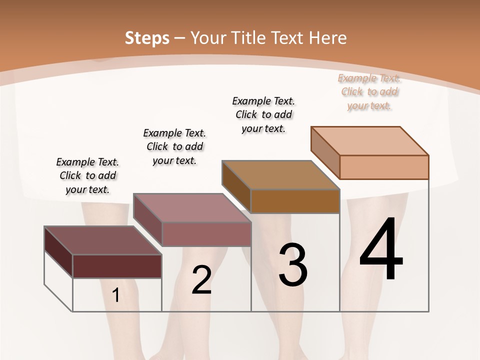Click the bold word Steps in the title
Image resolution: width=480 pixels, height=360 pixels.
pos(147,38)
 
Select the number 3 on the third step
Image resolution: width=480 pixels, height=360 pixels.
pos(292,265)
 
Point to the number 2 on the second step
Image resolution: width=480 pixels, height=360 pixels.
pos(201,280)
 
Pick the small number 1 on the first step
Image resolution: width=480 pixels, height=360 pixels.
pos(115,295)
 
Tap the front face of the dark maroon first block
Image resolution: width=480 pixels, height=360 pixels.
pos(117,266)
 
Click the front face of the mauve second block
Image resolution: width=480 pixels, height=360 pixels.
pos(206,234)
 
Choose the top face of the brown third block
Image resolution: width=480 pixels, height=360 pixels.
pos(280,175)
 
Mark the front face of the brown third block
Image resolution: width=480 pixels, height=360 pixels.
pos(295,201)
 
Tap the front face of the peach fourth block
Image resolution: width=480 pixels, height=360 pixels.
pos(384,167)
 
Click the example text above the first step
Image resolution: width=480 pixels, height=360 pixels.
pos(87,175)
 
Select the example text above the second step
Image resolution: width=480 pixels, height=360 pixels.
pos(174,146)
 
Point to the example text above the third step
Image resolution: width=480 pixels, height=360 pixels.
pos(263,114)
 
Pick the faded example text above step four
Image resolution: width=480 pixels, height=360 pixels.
pos(369,91)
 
